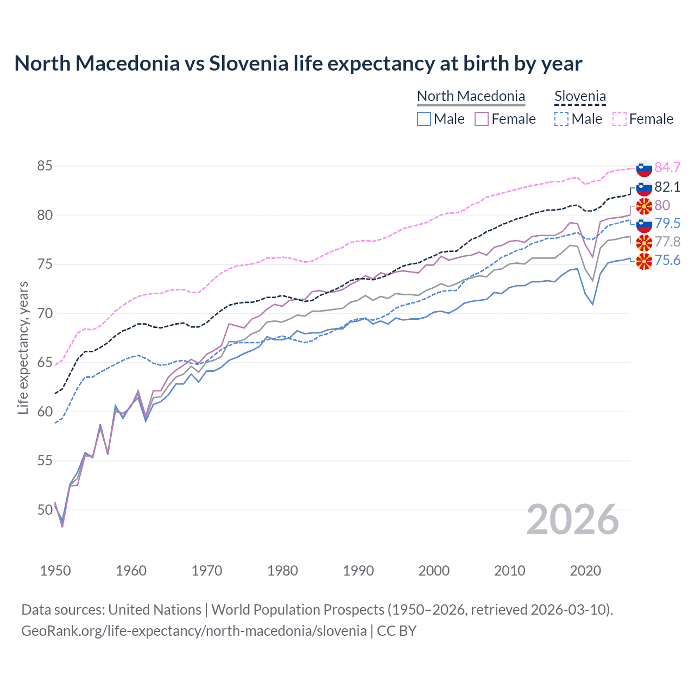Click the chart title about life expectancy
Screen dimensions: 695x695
coord(298,64)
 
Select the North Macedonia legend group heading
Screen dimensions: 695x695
coord(471,96)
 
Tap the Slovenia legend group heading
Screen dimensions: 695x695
coord(580,96)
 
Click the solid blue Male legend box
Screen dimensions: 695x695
coord(424,119)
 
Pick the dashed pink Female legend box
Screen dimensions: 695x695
coord(620,119)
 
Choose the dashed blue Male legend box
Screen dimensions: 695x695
coord(561,119)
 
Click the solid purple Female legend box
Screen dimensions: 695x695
coord(482,119)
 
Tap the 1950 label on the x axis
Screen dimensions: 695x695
coord(55,571)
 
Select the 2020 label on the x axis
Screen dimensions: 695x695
coord(585,571)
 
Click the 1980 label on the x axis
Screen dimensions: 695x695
coord(282,571)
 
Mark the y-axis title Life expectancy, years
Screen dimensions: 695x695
coord(23,347)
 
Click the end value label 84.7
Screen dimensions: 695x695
coord(667,167)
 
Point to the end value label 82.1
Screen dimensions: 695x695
coord(667,187)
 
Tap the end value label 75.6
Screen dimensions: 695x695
coord(667,261)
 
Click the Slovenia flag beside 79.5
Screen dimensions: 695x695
coord(644,224)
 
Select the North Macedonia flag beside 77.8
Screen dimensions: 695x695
coord(644,242)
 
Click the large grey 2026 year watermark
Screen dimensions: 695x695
coord(572,520)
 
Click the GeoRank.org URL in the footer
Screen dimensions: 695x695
coord(194,631)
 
